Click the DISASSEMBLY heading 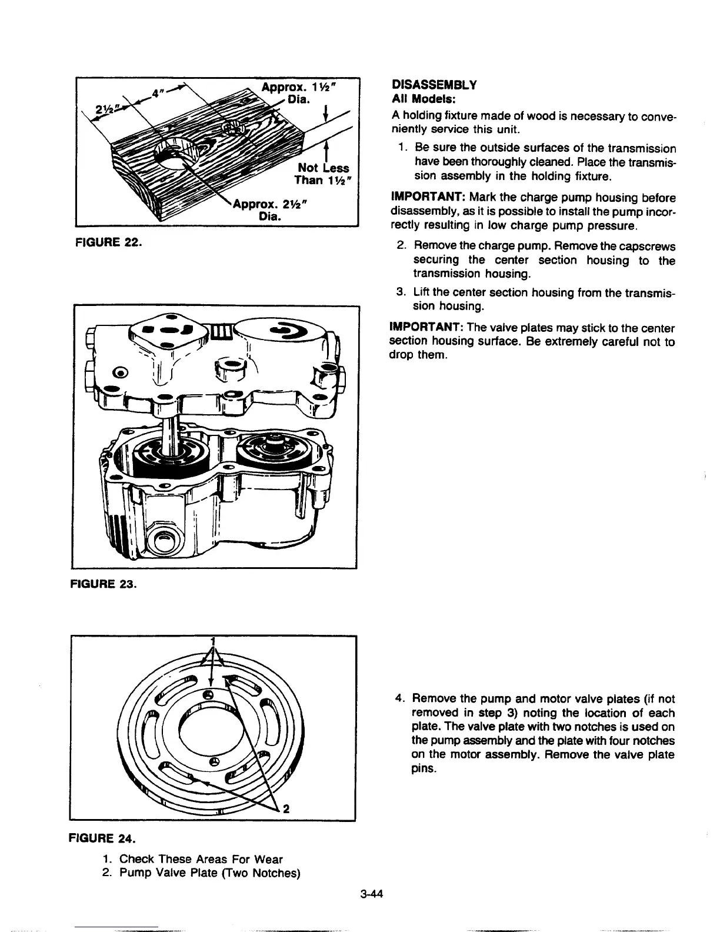[433, 85]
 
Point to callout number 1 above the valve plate [214, 641]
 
